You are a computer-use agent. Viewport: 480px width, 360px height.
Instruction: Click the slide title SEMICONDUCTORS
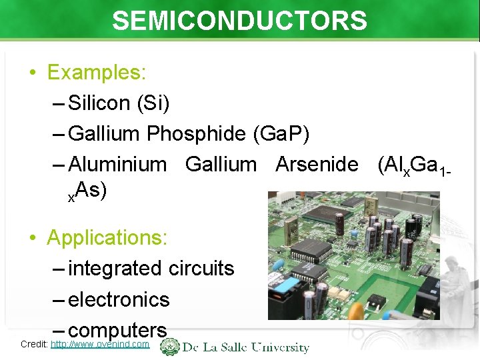click(239, 21)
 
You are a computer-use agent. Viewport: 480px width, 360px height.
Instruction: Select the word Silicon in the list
click(99, 103)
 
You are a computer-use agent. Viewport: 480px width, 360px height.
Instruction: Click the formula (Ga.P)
click(281, 134)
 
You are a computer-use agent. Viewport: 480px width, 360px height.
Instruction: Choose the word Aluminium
click(117, 164)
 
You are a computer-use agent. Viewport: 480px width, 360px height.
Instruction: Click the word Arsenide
click(317, 164)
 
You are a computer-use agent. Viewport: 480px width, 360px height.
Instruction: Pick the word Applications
click(107, 237)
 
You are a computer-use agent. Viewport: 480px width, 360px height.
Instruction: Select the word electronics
click(119, 299)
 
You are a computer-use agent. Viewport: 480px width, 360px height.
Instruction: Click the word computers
click(117, 329)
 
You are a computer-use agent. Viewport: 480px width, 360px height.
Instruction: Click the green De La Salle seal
click(171, 347)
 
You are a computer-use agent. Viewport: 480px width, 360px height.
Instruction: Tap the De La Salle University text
click(247, 347)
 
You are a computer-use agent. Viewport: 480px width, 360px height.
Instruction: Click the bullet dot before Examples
click(33, 73)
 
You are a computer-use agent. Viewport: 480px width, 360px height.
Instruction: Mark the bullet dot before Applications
click(33, 237)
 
